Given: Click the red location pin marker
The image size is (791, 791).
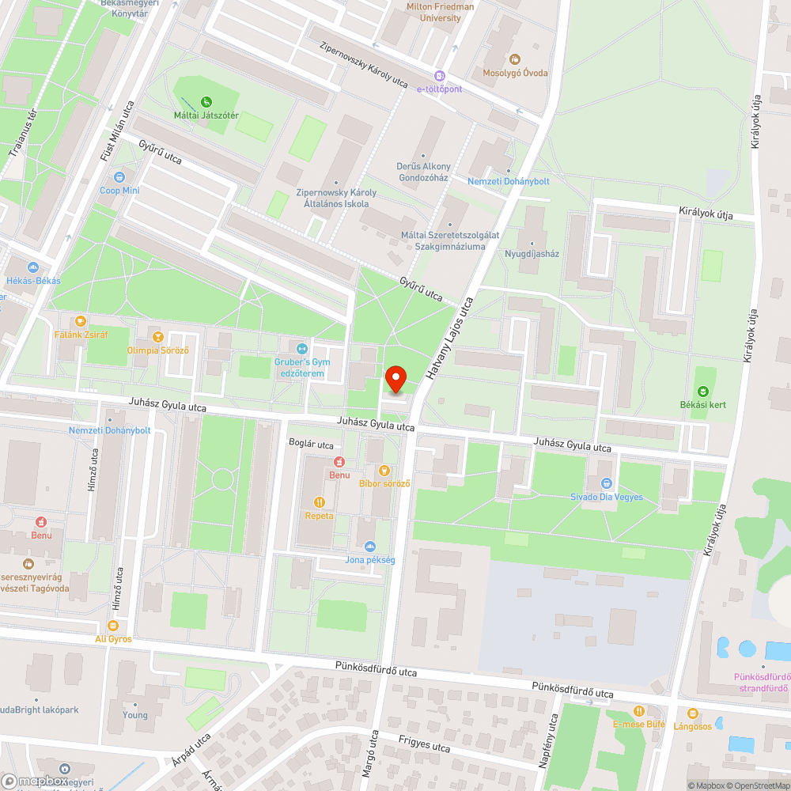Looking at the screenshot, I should (x=396, y=379).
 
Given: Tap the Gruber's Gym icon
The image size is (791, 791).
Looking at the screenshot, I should (x=301, y=349).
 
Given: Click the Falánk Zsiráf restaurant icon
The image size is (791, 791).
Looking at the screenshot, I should (x=79, y=321).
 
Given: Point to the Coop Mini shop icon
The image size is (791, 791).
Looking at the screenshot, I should (x=119, y=177).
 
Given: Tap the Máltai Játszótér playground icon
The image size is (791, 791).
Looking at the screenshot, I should (x=206, y=101).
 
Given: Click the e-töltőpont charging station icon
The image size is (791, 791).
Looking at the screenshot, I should (x=440, y=76).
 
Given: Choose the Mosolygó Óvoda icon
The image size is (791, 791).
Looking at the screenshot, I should (x=515, y=59).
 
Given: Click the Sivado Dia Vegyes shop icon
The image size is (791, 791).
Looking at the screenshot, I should (x=607, y=483).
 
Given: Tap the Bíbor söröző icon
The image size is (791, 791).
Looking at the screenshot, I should (x=384, y=470).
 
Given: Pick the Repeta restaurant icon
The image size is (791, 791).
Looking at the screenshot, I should (x=320, y=501).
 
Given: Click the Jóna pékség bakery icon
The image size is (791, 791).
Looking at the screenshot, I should (x=369, y=546).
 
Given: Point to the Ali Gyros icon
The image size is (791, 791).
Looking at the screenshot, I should (x=113, y=625).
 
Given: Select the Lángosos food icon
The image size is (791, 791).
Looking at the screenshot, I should (x=693, y=712).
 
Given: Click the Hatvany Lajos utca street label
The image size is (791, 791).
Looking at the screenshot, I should (x=449, y=340).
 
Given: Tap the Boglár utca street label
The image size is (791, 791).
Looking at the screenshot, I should (x=311, y=445).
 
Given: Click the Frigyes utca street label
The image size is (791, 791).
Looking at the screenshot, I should (x=424, y=743).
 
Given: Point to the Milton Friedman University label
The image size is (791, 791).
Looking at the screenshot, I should (x=441, y=12).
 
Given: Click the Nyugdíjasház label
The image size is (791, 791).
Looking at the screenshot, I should (x=532, y=254).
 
